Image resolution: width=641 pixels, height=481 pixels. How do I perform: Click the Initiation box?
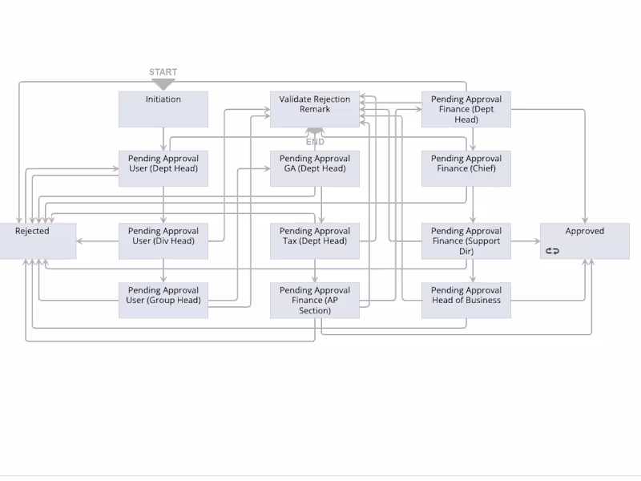click(x=163, y=109)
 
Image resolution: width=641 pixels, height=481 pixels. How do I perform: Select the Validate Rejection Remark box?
click(x=315, y=109)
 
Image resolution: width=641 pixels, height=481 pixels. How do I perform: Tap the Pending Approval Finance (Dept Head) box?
click(x=466, y=109)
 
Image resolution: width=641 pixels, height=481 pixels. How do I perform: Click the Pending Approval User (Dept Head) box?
click(x=163, y=168)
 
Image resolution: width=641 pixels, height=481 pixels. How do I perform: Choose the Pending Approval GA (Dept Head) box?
click(x=315, y=168)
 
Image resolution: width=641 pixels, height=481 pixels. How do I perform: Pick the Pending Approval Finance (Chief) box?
click(x=466, y=168)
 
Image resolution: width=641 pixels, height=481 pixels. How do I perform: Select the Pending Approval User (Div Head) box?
click(x=163, y=240)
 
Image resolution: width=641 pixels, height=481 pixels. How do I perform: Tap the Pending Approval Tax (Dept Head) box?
click(x=315, y=240)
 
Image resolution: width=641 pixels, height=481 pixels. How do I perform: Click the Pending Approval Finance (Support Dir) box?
click(x=466, y=240)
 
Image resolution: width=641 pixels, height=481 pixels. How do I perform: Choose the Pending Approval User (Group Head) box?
click(x=163, y=300)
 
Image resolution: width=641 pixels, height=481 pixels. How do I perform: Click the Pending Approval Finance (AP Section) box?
click(x=315, y=300)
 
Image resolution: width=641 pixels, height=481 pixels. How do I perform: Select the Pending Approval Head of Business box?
click(x=466, y=300)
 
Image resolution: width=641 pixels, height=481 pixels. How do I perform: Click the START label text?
click(x=163, y=72)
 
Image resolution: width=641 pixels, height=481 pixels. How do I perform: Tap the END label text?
click(x=315, y=142)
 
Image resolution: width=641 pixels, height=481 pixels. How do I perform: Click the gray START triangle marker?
click(x=163, y=83)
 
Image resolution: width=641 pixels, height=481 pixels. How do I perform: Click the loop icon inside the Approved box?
click(x=552, y=251)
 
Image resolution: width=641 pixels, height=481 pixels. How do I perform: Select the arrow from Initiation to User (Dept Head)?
click(x=163, y=139)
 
